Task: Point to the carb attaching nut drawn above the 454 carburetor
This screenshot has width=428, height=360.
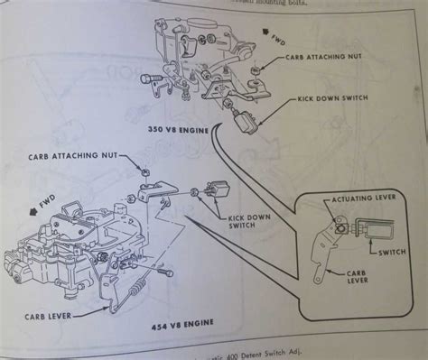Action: click(144, 169)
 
